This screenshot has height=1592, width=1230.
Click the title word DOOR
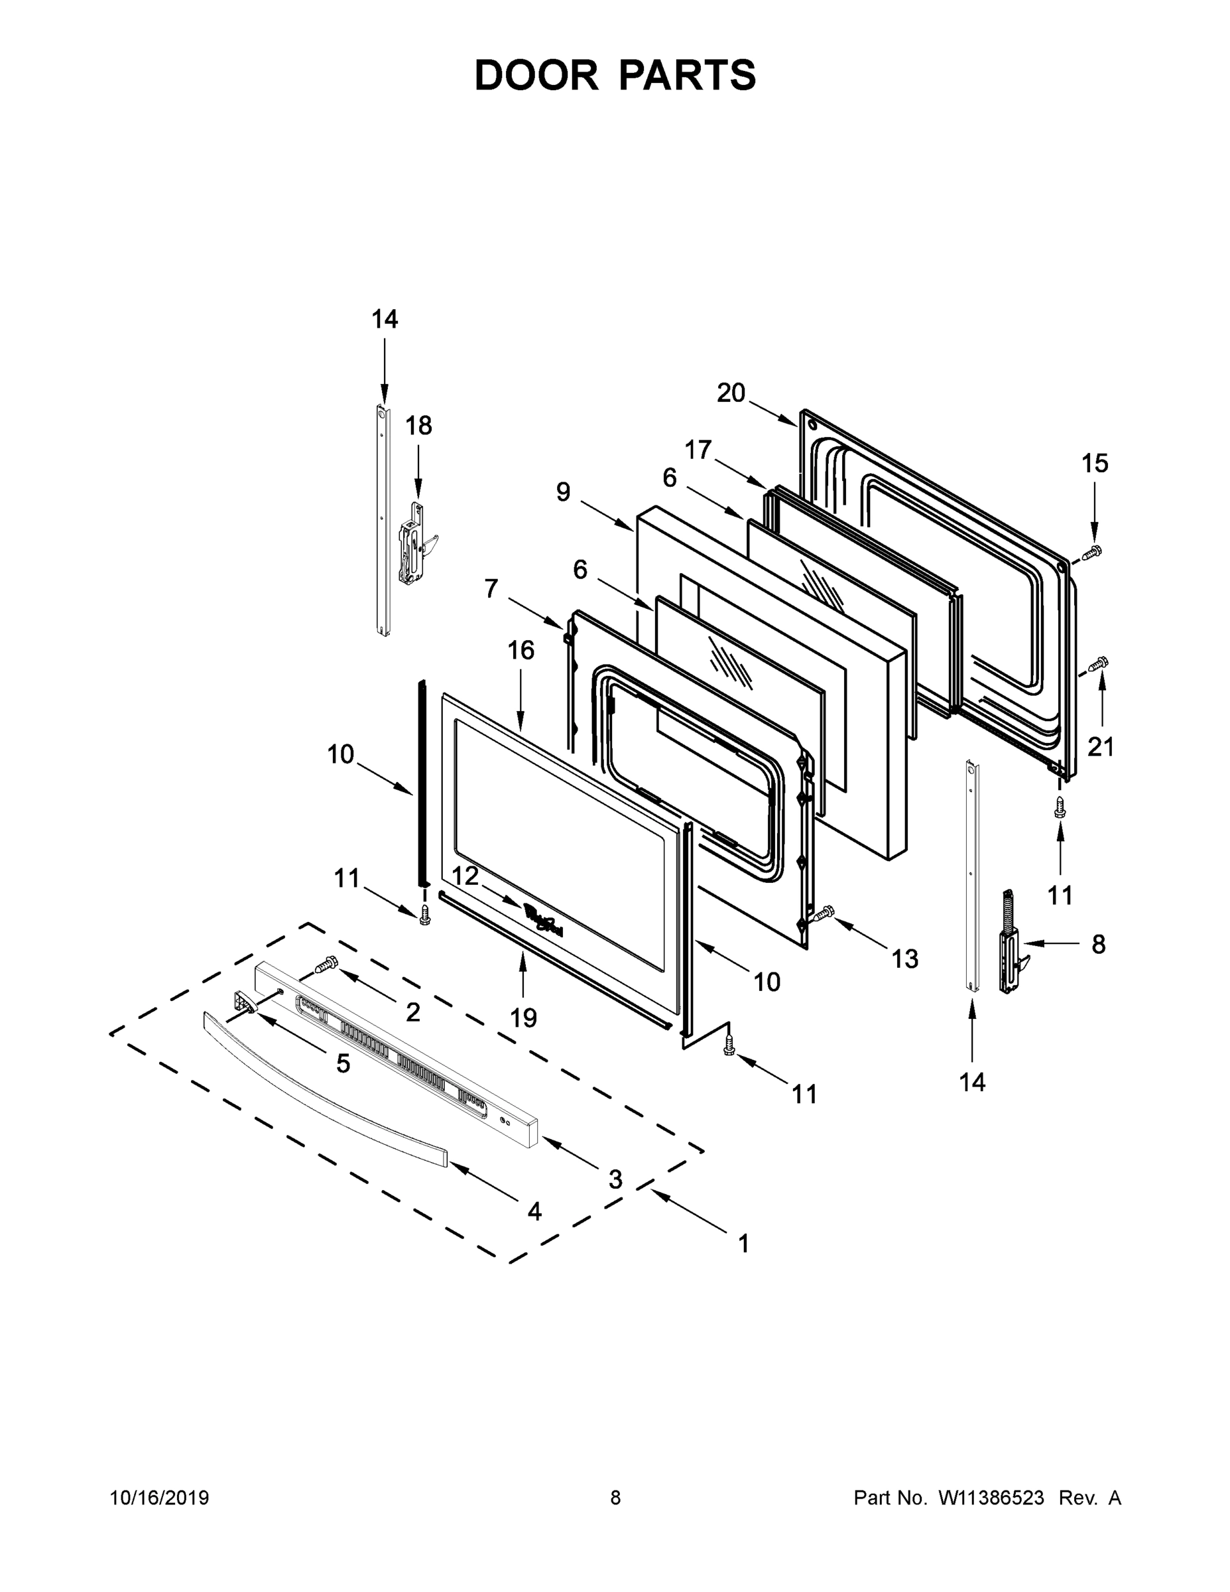[536, 76]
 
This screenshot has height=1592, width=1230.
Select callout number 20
[731, 393]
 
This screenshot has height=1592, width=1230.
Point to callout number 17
[698, 450]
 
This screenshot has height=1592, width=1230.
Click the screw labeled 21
[1097, 663]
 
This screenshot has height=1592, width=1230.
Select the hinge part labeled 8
[1011, 945]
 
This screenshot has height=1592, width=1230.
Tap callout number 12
[465, 876]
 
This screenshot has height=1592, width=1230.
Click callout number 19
[523, 1018]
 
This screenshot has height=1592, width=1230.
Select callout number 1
[743, 1244]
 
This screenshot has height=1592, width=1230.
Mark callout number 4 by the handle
[534, 1211]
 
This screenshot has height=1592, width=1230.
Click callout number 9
[563, 492]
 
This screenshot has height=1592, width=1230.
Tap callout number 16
[521, 649]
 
